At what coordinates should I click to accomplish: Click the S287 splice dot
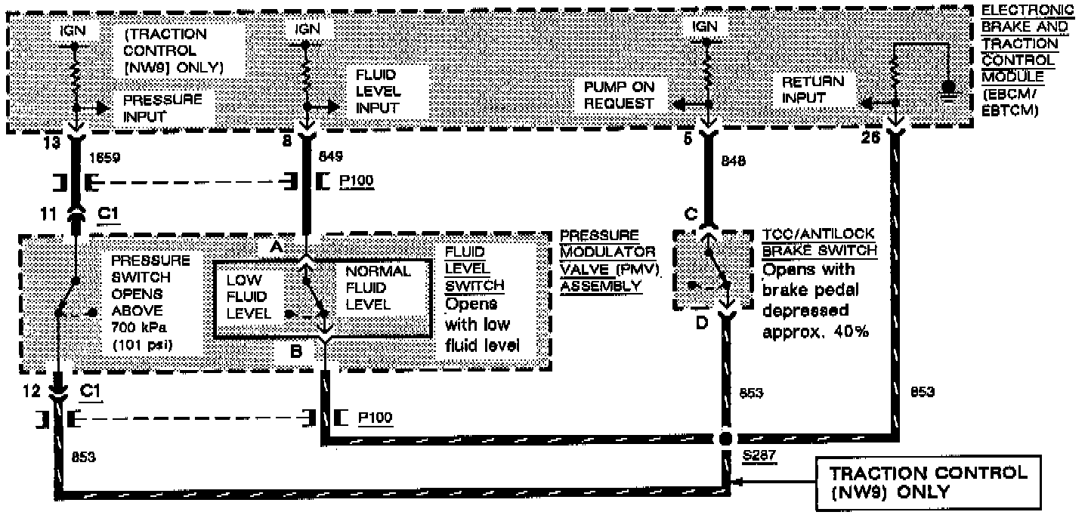click(x=725, y=438)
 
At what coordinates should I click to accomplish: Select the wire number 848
click(x=735, y=161)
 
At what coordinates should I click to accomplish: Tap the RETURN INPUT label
click(x=812, y=89)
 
